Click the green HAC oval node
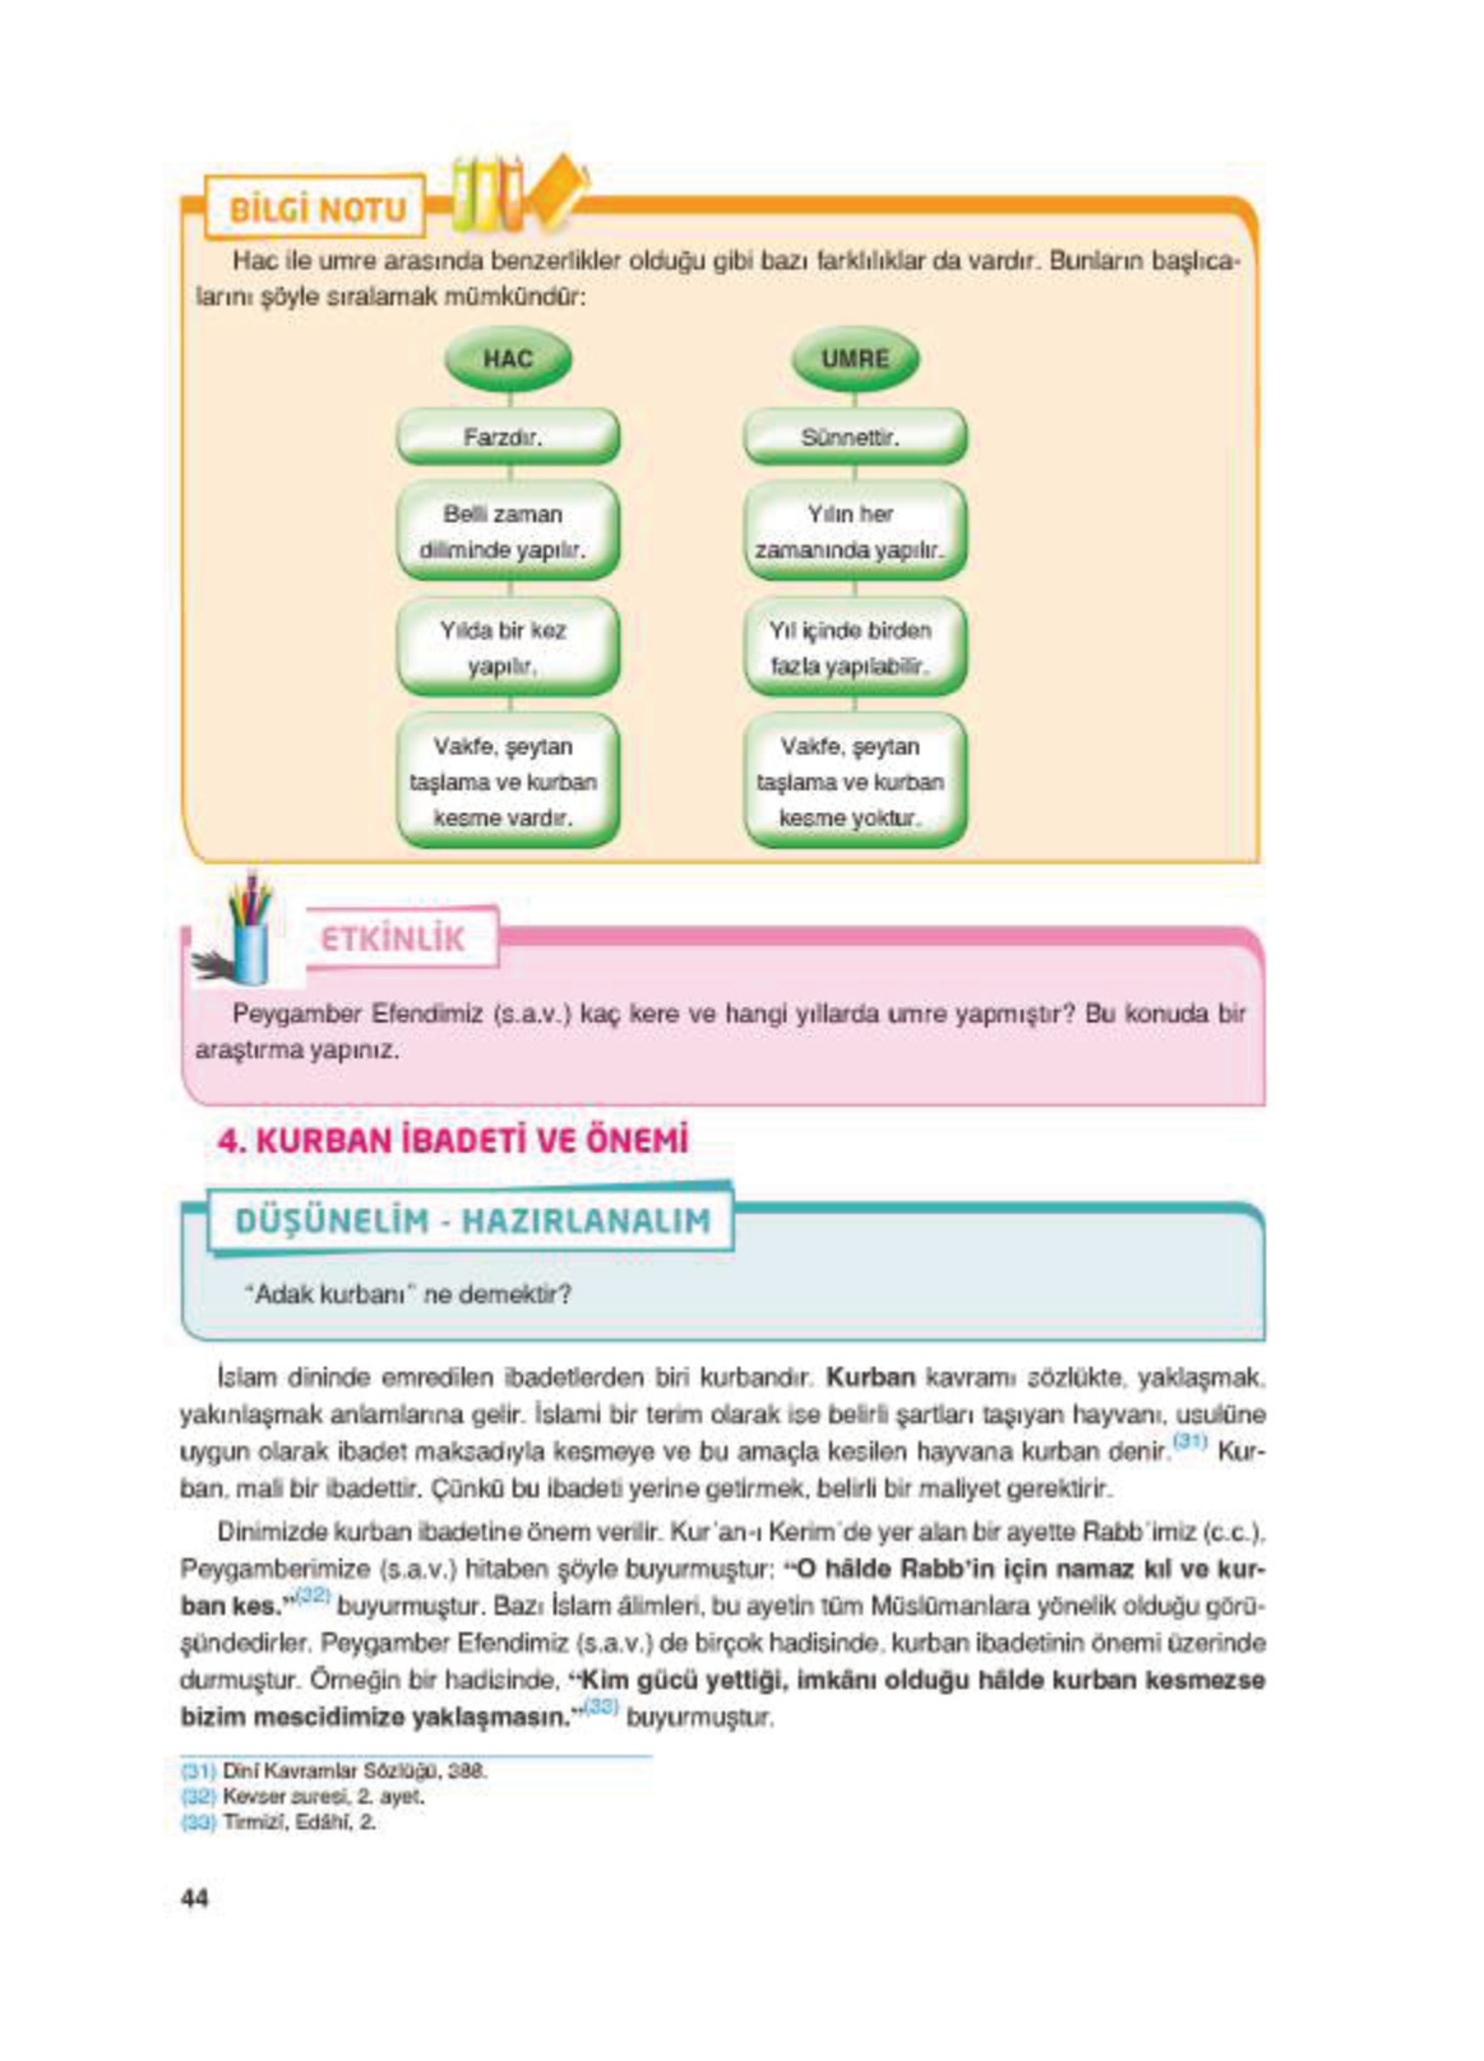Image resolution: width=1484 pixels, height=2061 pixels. tap(507, 358)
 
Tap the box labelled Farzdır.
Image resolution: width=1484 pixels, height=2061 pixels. tap(507, 437)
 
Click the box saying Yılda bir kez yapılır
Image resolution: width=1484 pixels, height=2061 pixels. tap(507, 648)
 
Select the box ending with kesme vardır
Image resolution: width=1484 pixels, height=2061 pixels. tap(507, 781)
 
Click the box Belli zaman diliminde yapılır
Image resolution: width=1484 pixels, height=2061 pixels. tap(507, 531)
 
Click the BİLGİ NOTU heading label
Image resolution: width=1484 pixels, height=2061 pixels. tap(317, 210)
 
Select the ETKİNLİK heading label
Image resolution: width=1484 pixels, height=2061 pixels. tap(394, 940)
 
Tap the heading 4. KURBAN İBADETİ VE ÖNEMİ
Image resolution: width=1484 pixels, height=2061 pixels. tap(452, 1141)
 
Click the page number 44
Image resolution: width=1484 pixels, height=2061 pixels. tap(195, 1899)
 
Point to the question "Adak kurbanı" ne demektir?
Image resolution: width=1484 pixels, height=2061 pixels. tap(408, 1295)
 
